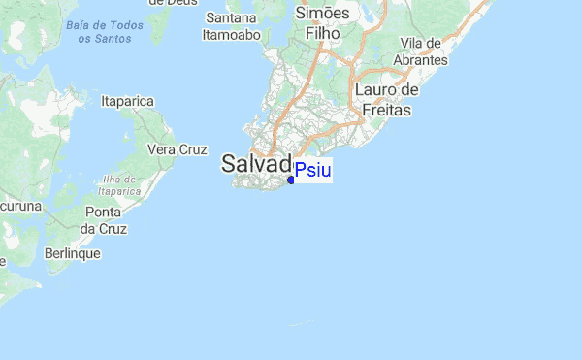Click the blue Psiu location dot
click(x=291, y=180)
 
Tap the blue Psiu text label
click(x=312, y=171)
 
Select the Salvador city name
click(x=256, y=163)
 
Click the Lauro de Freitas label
click(x=386, y=100)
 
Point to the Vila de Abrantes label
click(x=421, y=52)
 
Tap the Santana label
click(x=232, y=17)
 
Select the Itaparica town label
click(x=128, y=100)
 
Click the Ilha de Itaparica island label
click(x=121, y=185)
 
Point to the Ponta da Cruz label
click(x=103, y=220)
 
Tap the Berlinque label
click(x=72, y=253)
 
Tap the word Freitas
click(x=386, y=110)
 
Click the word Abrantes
click(x=421, y=60)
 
